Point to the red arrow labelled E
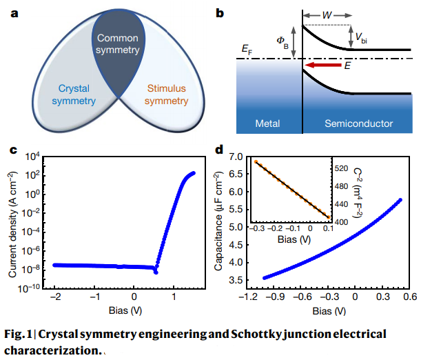[323, 66]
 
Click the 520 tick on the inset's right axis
[340, 168]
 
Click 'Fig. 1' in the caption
[20, 334]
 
